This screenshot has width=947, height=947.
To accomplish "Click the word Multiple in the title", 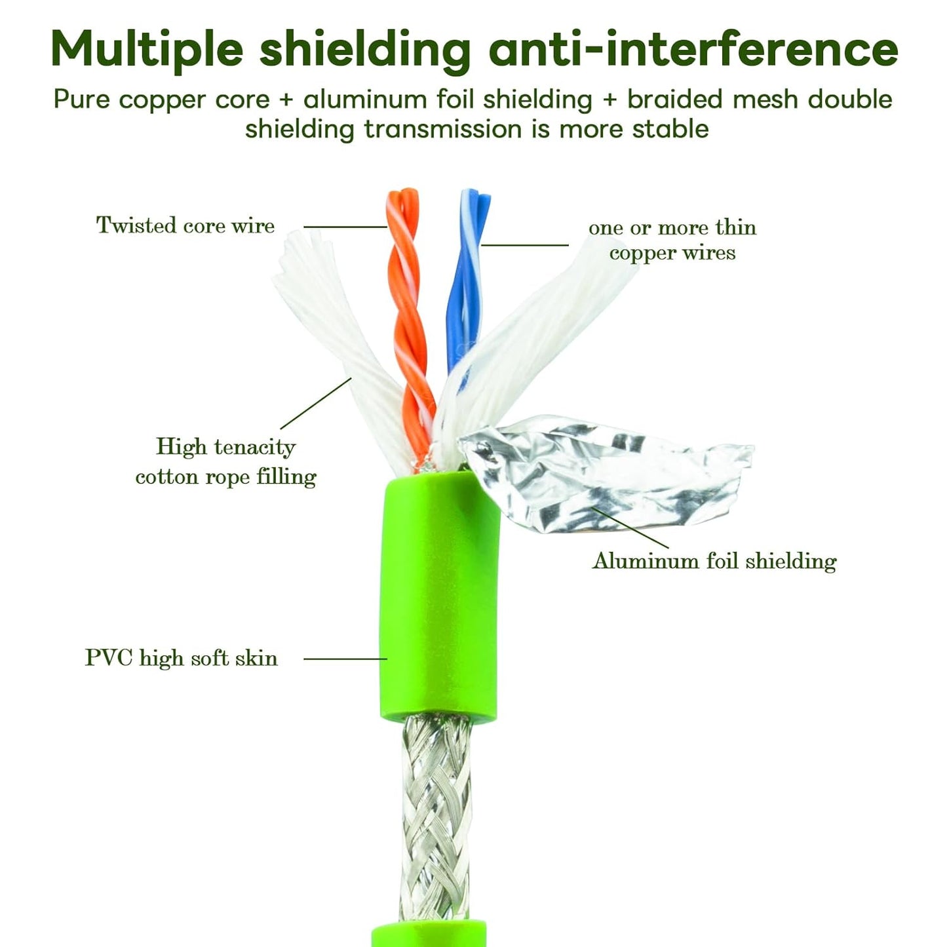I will click(147, 48).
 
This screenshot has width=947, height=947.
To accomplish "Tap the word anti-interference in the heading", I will click(693, 48).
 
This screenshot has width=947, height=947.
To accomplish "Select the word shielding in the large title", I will click(365, 48).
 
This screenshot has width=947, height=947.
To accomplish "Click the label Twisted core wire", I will click(185, 225).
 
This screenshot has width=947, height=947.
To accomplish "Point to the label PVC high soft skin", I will click(182, 658).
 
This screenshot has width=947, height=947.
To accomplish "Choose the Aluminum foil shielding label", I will click(714, 561).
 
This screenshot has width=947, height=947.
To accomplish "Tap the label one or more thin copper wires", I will click(672, 240).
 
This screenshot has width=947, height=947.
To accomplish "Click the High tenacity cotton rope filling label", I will click(225, 461).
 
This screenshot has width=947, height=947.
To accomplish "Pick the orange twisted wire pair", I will click(409, 315).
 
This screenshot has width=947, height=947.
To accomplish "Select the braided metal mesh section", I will click(436, 819).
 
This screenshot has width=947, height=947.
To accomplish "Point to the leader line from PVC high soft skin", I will click(345, 659).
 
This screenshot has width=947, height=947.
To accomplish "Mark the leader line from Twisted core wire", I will click(345, 227).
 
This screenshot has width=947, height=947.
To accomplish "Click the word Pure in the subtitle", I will click(82, 100).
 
